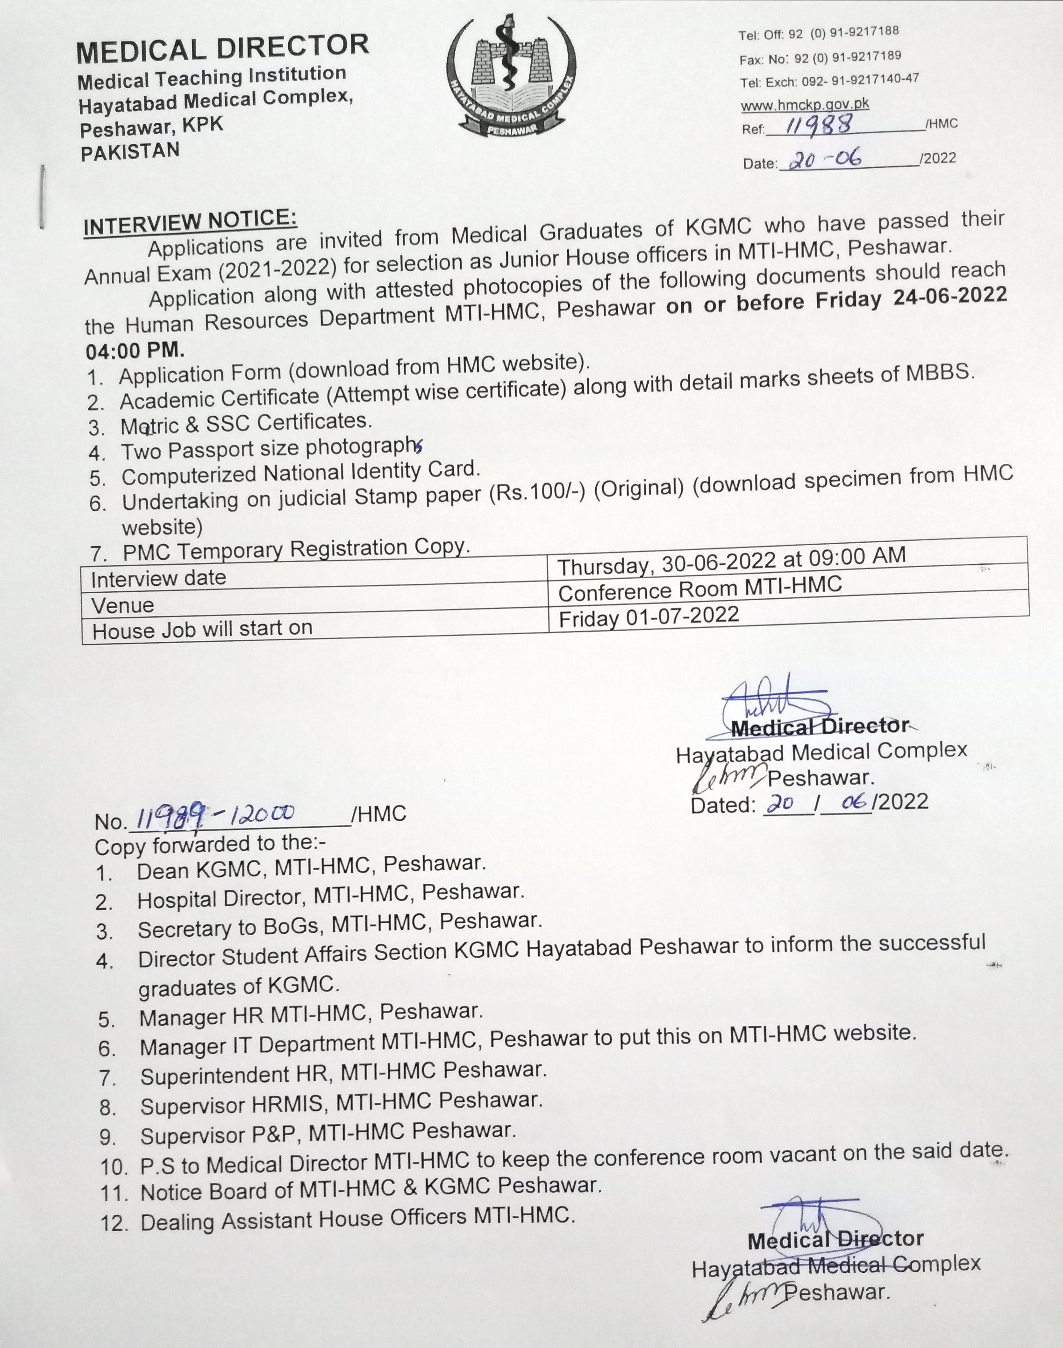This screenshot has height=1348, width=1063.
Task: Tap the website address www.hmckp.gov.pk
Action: pos(804,105)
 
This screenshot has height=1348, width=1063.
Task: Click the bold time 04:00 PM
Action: pos(135,350)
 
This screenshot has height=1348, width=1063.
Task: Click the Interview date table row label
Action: pos(158,579)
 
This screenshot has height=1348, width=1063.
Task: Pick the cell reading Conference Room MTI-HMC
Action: pos(699,589)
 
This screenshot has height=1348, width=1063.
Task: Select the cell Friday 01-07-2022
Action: pos(649,617)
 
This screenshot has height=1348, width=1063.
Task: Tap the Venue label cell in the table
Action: pos(122,605)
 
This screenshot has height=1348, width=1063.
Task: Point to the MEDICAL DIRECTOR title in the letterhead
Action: pos(222,49)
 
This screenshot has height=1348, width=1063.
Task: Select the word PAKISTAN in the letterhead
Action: pos(130,152)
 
